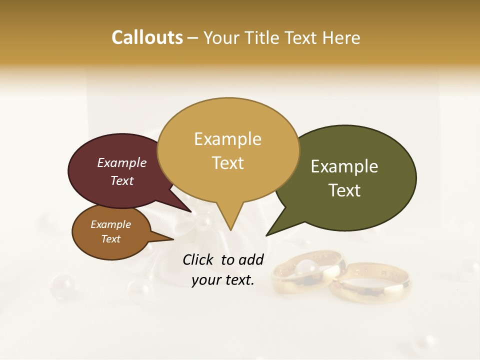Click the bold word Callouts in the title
147,37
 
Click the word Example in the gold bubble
227,139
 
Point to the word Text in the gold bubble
228,163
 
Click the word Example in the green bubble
344,166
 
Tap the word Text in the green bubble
345,190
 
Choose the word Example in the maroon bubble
122,163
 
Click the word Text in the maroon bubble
122,180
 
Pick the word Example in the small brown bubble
110,224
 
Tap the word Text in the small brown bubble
110,239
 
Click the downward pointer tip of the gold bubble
230,230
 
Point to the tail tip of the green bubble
267,235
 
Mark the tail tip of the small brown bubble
173,239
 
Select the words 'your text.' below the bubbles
223,280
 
